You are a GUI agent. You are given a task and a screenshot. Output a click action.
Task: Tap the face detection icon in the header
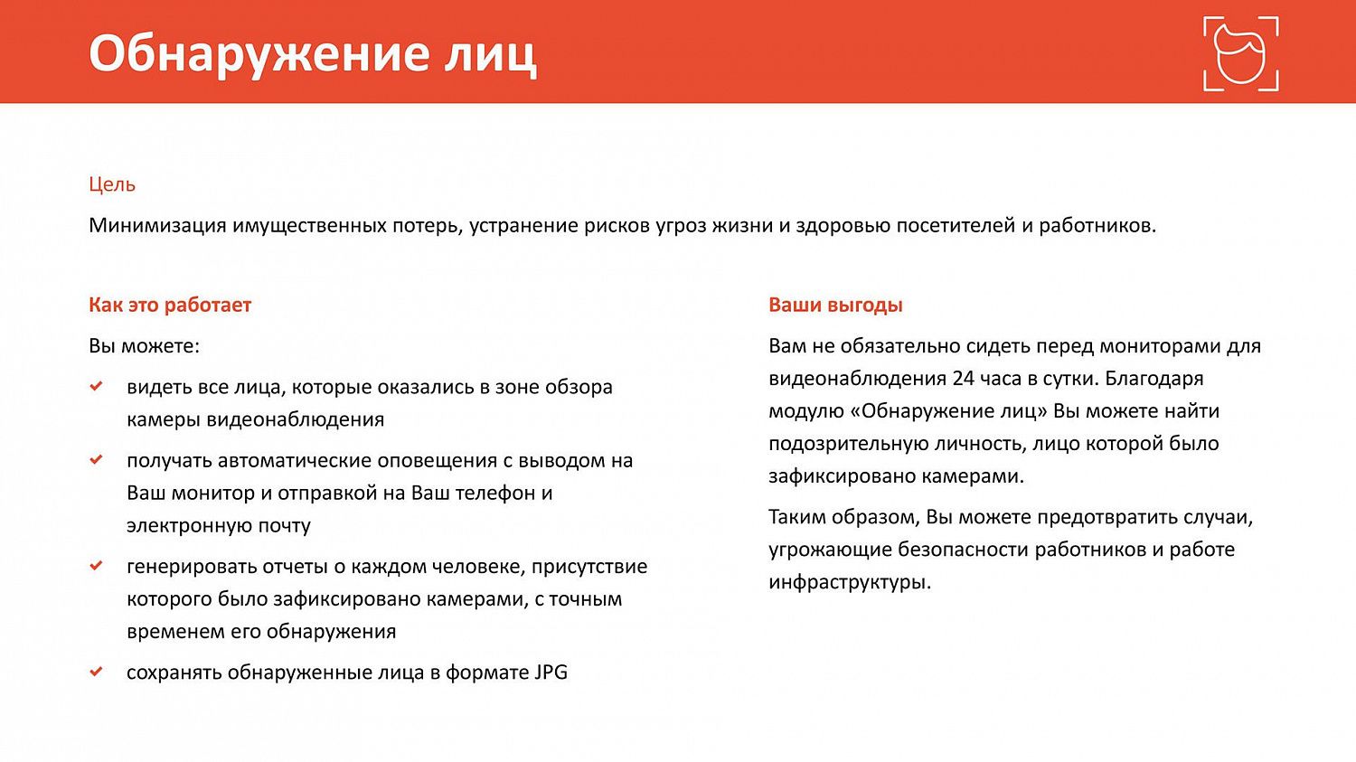click(1240, 54)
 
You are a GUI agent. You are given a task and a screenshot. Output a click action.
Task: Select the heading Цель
click(112, 184)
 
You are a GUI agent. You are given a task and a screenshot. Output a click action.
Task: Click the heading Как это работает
click(170, 305)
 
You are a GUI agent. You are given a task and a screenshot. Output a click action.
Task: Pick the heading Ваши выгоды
click(835, 305)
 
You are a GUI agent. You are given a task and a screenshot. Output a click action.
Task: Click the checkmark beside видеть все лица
click(97, 387)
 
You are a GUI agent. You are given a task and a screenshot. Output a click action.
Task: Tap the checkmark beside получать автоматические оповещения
click(97, 460)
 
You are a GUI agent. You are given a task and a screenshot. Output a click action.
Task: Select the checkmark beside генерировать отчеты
click(97, 566)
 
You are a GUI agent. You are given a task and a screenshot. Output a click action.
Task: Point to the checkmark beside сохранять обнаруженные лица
click(97, 672)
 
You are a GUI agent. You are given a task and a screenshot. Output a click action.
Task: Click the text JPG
click(551, 673)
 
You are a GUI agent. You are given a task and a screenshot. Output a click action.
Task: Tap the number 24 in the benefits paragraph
click(963, 378)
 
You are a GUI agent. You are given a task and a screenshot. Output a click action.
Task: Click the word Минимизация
click(157, 225)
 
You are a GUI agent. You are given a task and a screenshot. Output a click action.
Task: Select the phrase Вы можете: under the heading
click(144, 346)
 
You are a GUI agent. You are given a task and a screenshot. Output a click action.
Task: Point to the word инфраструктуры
click(849, 582)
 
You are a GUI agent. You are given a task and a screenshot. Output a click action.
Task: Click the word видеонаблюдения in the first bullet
click(296, 419)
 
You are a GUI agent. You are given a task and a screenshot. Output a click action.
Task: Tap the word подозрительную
click(847, 444)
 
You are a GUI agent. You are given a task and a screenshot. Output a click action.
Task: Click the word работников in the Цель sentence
click(1096, 225)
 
